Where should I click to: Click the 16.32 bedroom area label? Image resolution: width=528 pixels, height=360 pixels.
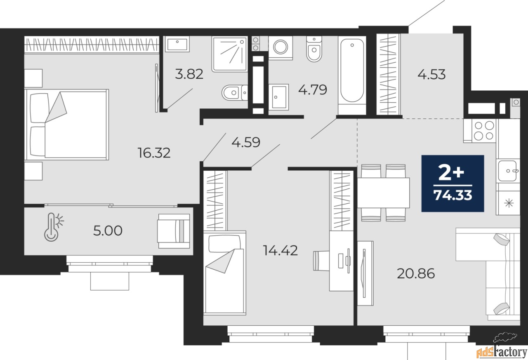154,153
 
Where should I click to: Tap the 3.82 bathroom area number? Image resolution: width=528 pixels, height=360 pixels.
189,74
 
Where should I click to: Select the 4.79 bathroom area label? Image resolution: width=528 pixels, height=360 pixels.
313,89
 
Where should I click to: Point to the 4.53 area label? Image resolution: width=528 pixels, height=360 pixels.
431,75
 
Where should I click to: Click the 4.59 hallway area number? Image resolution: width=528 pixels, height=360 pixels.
246,142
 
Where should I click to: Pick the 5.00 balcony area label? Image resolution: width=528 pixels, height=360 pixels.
108,231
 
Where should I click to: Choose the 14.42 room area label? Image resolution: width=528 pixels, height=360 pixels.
280,250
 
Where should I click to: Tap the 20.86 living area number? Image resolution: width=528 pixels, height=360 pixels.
416,274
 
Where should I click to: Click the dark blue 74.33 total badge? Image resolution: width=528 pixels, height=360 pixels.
453,183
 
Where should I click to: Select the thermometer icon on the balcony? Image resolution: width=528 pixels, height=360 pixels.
54,227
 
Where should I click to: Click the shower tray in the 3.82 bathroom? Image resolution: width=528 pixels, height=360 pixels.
229,54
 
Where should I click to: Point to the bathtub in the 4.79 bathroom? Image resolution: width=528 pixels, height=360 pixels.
352,75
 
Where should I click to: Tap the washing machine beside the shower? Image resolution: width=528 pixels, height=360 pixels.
280,47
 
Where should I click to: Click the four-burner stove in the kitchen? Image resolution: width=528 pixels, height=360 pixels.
484,131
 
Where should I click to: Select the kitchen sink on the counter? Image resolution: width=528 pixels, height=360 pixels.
508,171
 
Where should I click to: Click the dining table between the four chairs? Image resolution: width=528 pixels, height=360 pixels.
384,193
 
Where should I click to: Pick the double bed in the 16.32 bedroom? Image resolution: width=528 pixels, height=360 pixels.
66,125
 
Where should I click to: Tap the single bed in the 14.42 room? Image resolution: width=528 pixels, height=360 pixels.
225,273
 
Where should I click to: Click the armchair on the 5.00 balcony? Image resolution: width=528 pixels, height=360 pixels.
174,231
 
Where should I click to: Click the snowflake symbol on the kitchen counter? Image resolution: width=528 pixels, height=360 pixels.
509,203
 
